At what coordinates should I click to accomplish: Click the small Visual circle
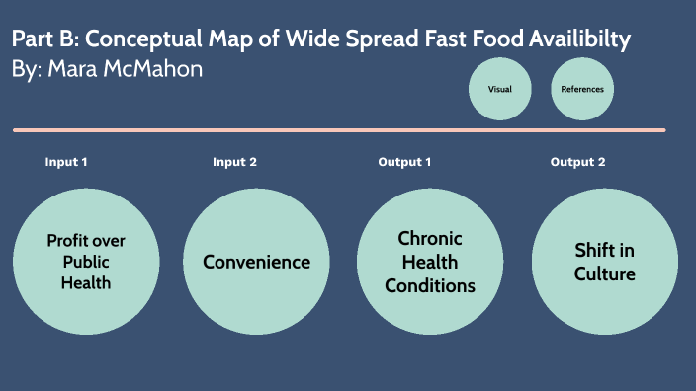click(x=499, y=89)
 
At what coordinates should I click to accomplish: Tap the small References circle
click(x=581, y=89)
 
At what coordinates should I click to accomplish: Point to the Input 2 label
click(x=234, y=162)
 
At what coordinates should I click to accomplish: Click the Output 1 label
click(x=405, y=162)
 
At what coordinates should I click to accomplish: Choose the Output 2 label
click(x=578, y=162)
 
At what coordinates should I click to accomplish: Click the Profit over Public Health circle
click(x=86, y=262)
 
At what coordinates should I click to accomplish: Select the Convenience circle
click(x=257, y=262)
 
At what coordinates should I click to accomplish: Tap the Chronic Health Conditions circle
click(x=430, y=262)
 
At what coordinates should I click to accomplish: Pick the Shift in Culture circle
click(x=604, y=262)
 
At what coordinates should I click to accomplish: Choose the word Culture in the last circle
click(x=604, y=273)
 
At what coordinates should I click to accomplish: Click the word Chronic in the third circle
click(x=430, y=239)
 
